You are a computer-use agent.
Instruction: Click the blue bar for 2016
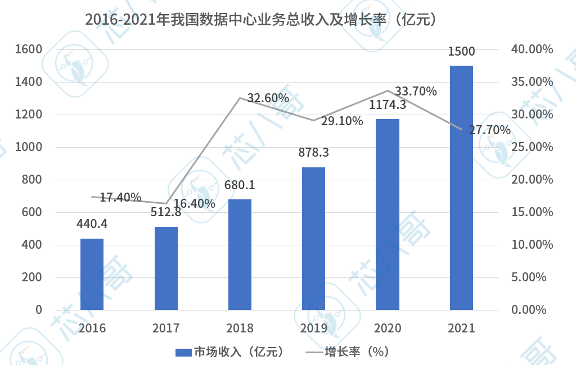point(92,274)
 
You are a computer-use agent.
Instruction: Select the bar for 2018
point(240,254)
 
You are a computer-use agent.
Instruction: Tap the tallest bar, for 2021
point(461,188)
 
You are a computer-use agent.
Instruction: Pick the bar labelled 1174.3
point(388,214)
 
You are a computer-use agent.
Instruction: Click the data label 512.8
point(166,212)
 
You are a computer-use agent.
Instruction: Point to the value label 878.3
point(313,152)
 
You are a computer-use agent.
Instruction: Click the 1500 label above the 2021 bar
point(461,52)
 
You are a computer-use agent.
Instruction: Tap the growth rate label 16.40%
point(194,203)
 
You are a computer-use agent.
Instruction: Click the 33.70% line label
point(416,91)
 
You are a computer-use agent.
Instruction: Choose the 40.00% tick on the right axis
point(532,49)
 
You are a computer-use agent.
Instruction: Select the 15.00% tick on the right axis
point(532,212)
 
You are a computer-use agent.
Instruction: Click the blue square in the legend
point(183,352)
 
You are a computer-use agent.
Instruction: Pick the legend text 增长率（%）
point(357,352)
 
